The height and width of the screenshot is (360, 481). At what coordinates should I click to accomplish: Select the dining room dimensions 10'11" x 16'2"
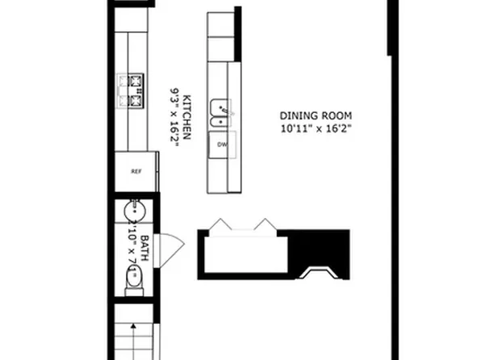tap(316, 128)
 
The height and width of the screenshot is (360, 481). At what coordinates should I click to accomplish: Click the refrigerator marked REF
tap(136, 171)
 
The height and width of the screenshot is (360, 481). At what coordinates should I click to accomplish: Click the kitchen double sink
tap(219, 115)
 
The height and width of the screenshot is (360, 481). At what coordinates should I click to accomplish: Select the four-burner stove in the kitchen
tap(132, 90)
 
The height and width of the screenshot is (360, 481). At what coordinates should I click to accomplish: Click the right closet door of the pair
tap(265, 226)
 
